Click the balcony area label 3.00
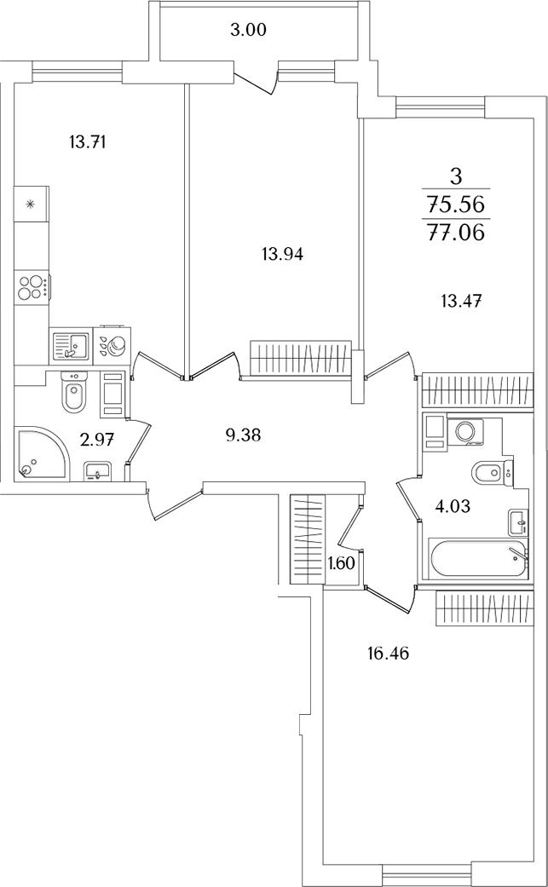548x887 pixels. pyautogui.click(x=248, y=31)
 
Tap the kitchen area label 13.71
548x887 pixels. pyautogui.click(x=88, y=142)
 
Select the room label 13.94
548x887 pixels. pyautogui.click(x=283, y=255)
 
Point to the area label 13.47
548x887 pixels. pyautogui.click(x=461, y=301)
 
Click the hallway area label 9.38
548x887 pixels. pyautogui.click(x=243, y=435)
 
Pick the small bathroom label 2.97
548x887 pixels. pyautogui.click(x=101, y=440)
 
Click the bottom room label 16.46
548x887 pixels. pyautogui.click(x=388, y=654)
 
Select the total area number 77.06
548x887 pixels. pyautogui.click(x=457, y=232)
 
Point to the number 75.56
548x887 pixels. pyautogui.click(x=457, y=204)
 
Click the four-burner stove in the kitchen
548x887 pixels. pyautogui.click(x=32, y=286)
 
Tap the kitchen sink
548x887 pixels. pyautogui.click(x=71, y=346)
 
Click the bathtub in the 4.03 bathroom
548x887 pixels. pyautogui.click(x=479, y=559)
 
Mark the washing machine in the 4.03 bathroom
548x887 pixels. pyautogui.click(x=466, y=431)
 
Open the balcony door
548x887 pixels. pyautogui.click(x=257, y=82)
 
